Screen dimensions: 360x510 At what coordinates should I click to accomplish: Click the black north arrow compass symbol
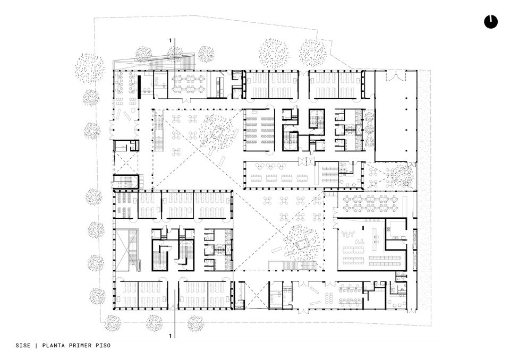(490, 21)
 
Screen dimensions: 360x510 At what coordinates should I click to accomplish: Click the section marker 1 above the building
(171, 40)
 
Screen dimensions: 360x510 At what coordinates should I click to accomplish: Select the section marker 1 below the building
(171, 336)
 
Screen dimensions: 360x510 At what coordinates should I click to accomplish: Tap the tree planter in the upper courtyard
(217, 133)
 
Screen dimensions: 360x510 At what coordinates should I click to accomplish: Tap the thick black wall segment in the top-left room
(139, 85)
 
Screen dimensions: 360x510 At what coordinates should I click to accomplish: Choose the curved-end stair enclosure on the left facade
(125, 181)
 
